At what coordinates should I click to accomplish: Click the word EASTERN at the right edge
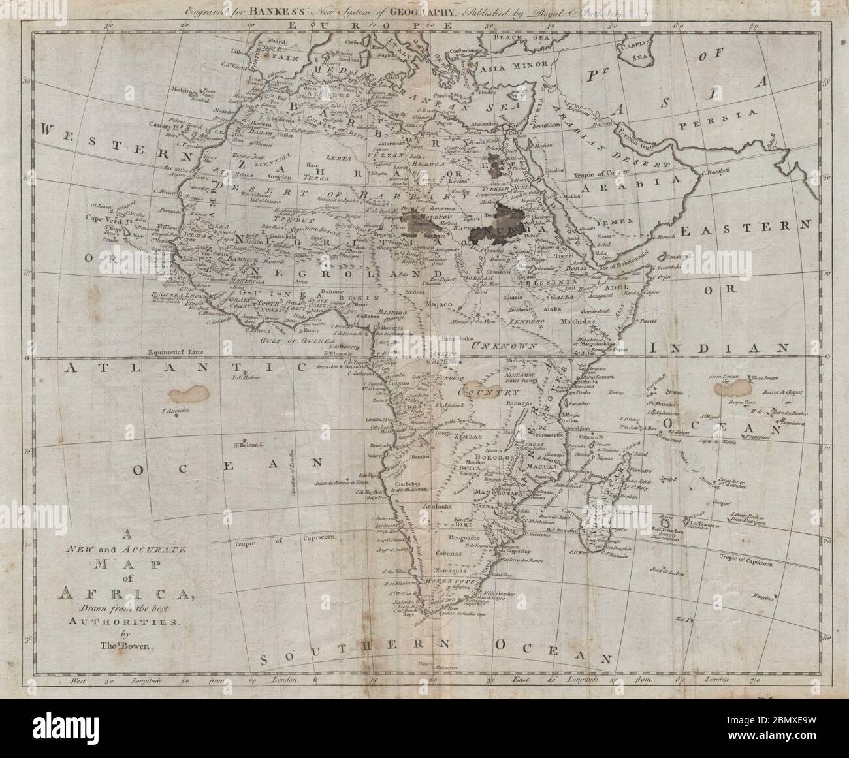tap(745, 230)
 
